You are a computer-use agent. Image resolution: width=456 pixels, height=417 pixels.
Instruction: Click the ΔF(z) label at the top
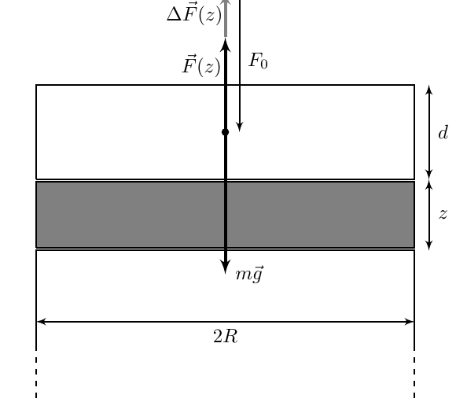pos(194,14)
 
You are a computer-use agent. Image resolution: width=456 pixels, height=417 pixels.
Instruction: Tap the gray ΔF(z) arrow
pos(226,18)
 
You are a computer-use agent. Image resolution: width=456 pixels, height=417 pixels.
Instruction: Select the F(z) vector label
pos(201,65)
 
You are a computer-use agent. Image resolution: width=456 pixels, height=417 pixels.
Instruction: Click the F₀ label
pos(258,61)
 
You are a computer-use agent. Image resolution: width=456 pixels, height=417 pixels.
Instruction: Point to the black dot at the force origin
pos(225,132)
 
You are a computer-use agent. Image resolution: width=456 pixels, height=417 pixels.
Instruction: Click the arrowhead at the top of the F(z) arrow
pos(226,45)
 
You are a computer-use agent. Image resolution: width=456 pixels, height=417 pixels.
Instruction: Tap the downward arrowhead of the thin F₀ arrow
pos(239,127)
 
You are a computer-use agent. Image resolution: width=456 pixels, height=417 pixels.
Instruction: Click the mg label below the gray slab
pos(249,274)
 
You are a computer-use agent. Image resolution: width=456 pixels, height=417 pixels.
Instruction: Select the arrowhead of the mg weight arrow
pos(226,267)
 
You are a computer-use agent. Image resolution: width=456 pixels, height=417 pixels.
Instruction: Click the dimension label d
pos(443,133)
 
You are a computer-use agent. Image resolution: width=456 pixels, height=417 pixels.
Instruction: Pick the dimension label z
pos(443,214)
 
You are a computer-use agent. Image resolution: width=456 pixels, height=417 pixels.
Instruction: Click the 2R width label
pos(226,337)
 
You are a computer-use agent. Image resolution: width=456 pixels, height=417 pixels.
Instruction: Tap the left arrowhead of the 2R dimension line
pos(42,322)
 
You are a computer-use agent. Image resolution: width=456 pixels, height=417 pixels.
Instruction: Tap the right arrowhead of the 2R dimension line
pos(409,322)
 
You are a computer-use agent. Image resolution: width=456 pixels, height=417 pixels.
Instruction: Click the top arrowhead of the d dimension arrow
pos(429,90)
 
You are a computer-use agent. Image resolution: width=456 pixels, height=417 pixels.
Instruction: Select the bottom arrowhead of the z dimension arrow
pos(429,245)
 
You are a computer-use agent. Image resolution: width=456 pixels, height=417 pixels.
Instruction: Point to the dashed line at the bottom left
pos(36,375)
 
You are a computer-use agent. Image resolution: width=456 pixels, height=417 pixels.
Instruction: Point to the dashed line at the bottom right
pos(414,375)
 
